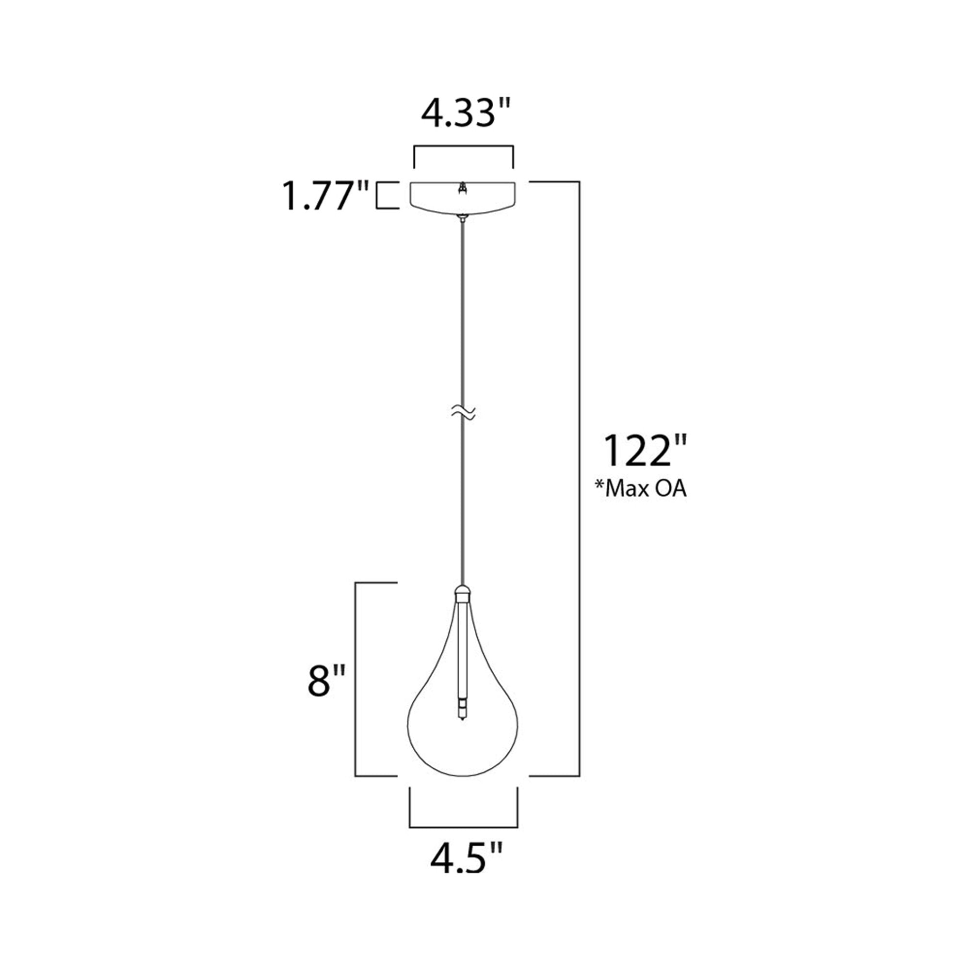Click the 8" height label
(x=327, y=681)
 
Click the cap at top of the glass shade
(x=462, y=594)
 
